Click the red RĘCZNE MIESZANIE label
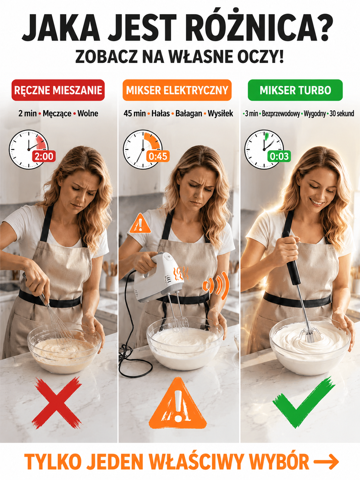(58, 90)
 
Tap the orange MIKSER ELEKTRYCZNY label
(177, 90)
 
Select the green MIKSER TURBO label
(295, 90)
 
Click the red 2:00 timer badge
(44, 156)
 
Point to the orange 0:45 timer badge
(158, 156)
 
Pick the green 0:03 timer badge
(279, 156)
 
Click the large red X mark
(57, 403)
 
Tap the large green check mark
(303, 402)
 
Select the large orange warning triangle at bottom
(177, 404)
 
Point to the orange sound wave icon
(216, 285)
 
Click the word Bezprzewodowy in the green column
(281, 114)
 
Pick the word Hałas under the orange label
(161, 113)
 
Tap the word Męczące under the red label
(57, 113)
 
